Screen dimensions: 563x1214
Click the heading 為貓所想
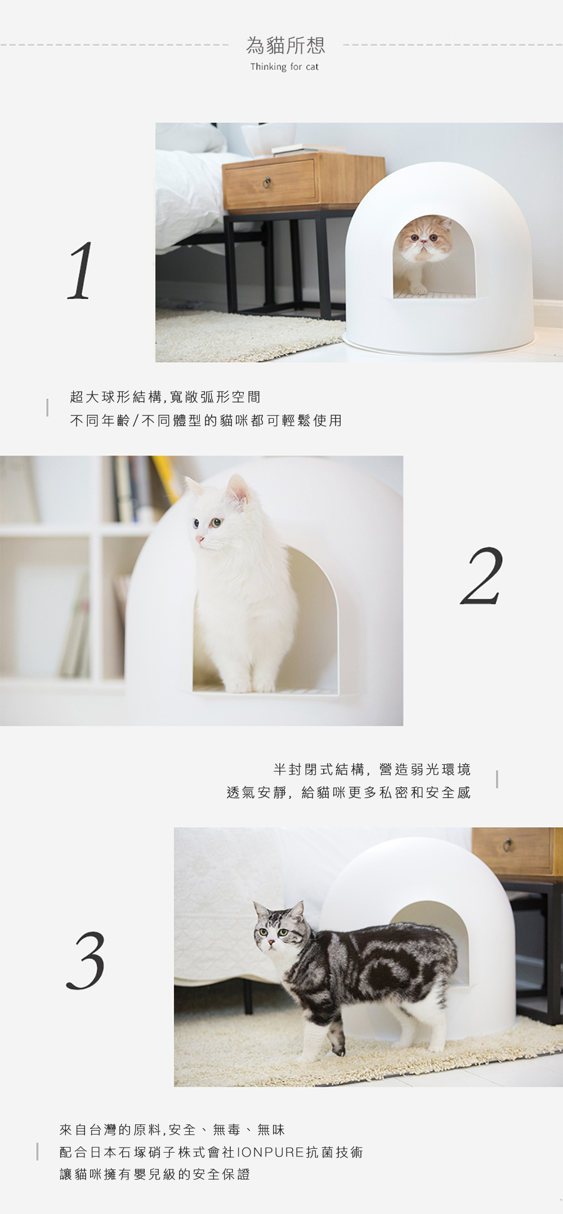pos(285,45)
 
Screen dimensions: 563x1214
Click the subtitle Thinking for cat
pos(284,67)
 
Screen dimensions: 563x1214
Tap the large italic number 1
pos(80,271)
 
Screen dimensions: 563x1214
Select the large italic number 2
pos(481,576)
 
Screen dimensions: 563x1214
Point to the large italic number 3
pos(86,960)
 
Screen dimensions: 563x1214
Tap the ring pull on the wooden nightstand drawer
pos(267,182)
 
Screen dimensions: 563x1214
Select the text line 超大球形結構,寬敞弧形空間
pos(166,397)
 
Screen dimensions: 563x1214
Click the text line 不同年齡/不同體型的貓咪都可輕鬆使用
pos(206,420)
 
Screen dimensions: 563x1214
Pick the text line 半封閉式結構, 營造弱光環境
pos(372,769)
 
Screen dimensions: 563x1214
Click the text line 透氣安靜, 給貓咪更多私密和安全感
pos(348,792)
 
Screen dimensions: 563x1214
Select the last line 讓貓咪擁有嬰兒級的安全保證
pos(155,1175)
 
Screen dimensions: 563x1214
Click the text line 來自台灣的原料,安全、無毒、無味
pos(172,1129)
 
